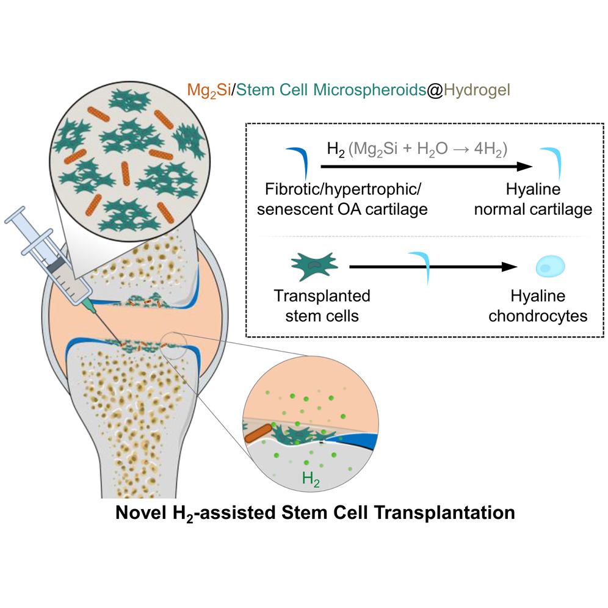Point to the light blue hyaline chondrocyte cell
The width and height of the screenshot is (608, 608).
click(551, 267)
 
